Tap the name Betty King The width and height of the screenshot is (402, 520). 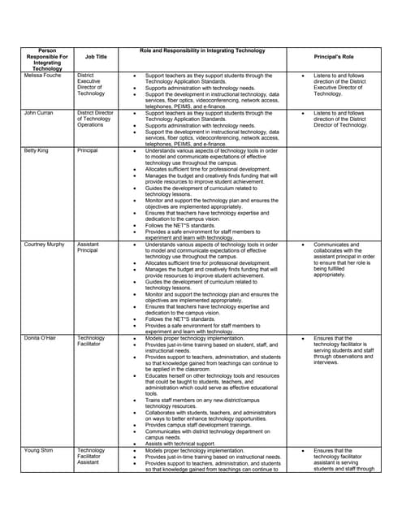[37, 151]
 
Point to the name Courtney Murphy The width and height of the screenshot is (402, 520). [45, 244]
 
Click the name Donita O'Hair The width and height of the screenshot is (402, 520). [41, 337]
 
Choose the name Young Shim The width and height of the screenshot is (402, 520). [38, 450]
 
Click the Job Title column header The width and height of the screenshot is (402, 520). [96, 57]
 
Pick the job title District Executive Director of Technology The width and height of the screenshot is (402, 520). [91, 84]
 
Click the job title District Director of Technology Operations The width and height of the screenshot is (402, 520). [95, 119]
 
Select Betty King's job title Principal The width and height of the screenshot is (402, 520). [87, 151]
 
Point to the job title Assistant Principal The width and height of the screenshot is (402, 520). [90, 247]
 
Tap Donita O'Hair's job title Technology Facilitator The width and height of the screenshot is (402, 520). [91, 340]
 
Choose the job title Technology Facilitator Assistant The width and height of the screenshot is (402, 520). [91, 457]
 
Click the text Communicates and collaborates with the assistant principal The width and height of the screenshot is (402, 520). [341, 259]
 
